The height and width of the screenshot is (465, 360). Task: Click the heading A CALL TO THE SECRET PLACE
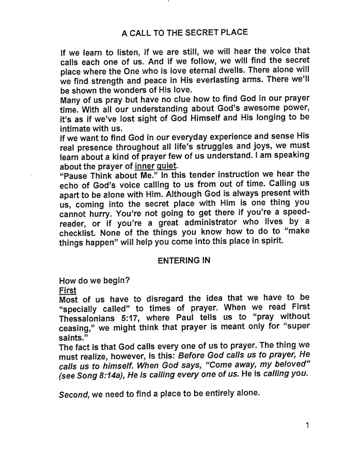pyautogui.click(x=184, y=33)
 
